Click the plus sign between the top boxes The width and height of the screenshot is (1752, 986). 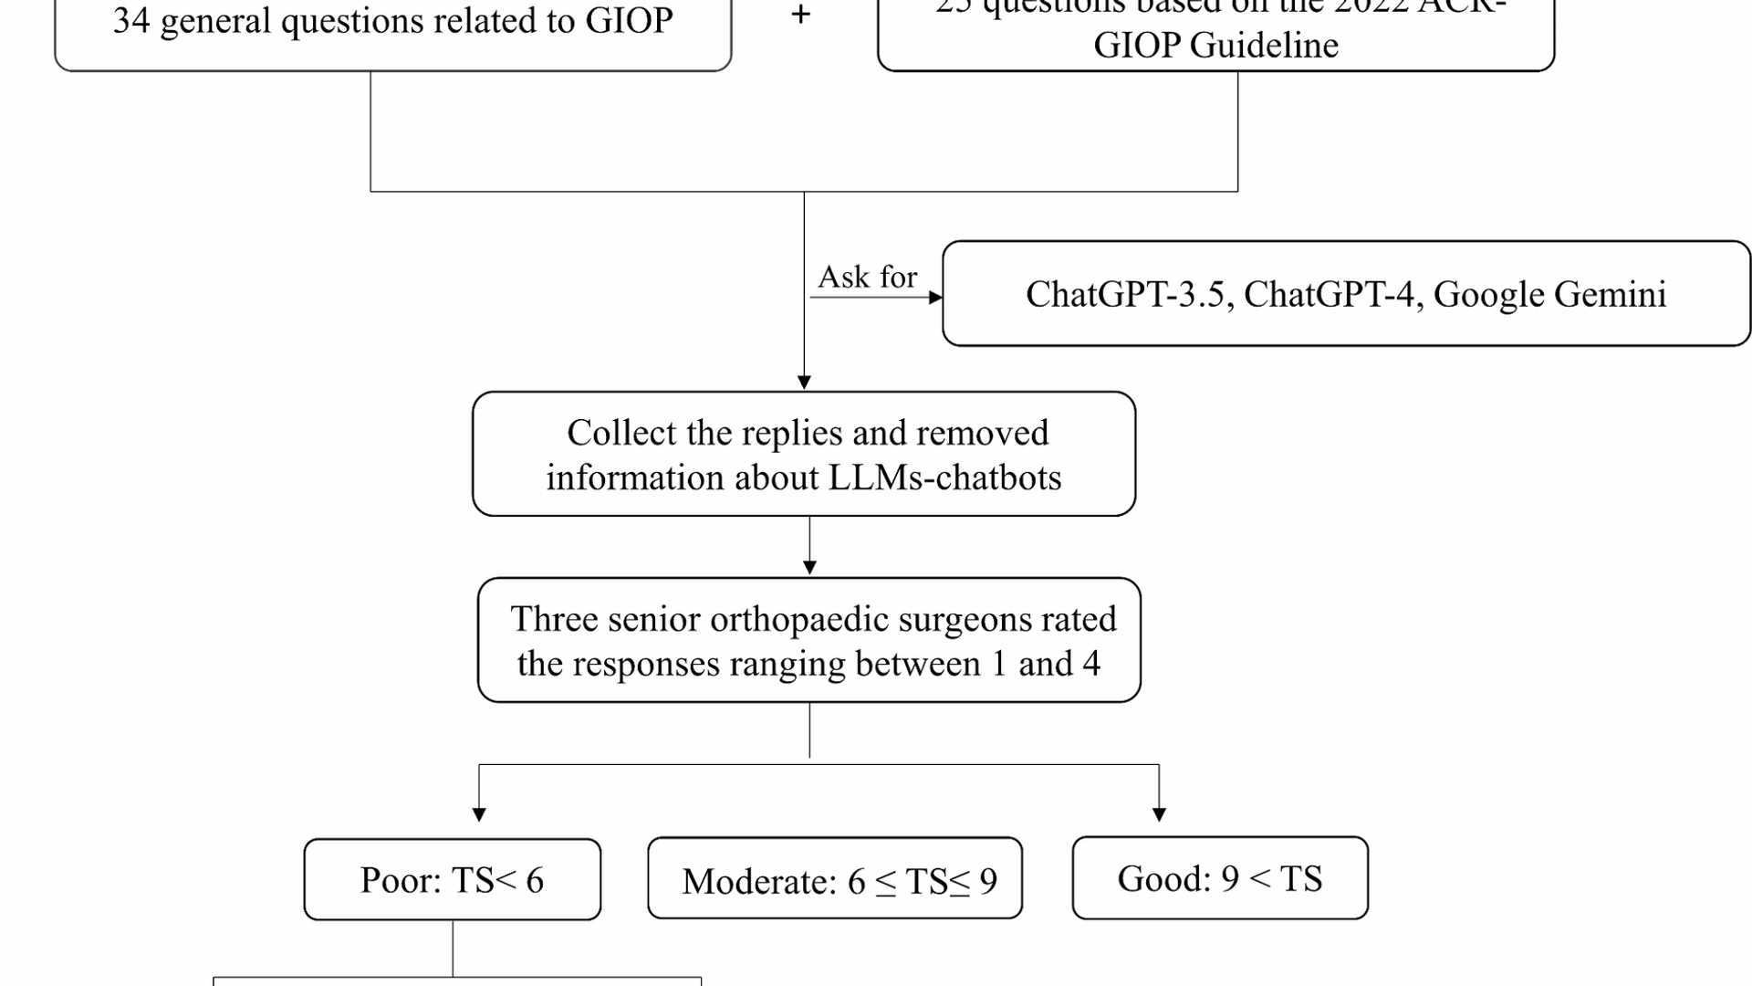pyautogui.click(x=800, y=15)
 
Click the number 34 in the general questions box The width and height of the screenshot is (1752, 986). pyautogui.click(x=131, y=21)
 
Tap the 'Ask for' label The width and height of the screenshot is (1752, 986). pyautogui.click(x=867, y=277)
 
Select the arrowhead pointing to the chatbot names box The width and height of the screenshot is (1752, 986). pyautogui.click(x=935, y=298)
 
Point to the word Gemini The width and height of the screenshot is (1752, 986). pyautogui.click(x=1611, y=295)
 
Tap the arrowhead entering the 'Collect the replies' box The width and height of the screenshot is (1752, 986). pyautogui.click(x=804, y=382)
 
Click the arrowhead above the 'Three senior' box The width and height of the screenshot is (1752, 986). pyautogui.click(x=809, y=568)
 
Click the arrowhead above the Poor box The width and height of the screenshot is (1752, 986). pyautogui.click(x=479, y=814)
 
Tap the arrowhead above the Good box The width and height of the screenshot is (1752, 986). pyautogui.click(x=1159, y=814)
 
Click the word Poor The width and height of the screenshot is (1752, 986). pyautogui.click(x=400, y=881)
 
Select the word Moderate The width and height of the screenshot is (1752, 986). pyautogui.click(x=759, y=882)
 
